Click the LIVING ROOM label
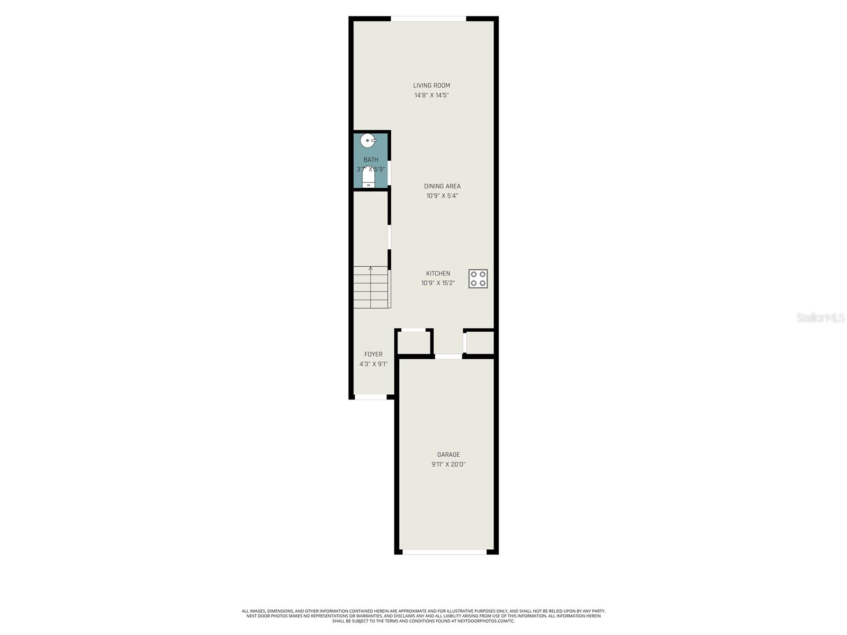(431, 85)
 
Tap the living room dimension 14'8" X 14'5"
(431, 95)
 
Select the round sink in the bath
(367, 141)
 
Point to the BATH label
(371, 160)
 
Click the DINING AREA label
(442, 186)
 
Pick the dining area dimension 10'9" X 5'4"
(442, 196)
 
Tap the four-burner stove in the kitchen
(477, 278)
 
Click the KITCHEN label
(438, 274)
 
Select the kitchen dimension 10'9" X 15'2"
(438, 283)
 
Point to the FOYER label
(373, 355)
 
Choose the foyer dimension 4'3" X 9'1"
(373, 364)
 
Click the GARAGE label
(448, 455)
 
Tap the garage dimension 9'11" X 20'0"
(448, 465)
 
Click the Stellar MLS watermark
(820, 318)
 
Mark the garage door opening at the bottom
(445, 552)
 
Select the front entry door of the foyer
(370, 397)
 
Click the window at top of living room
(428, 19)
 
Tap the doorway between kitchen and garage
(448, 357)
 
